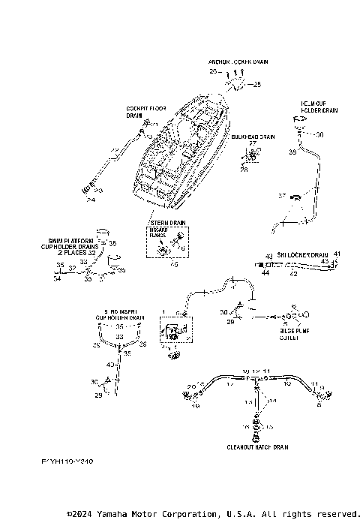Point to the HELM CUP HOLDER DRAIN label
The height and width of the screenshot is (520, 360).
[x=319, y=107]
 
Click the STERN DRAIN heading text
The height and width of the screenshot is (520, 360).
[x=168, y=223]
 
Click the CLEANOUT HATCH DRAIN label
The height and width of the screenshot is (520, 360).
[x=257, y=446]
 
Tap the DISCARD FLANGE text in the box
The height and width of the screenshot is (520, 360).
[x=160, y=233]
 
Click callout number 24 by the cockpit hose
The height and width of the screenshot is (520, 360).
[x=91, y=200]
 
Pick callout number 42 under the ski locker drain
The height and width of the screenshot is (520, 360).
[x=293, y=275]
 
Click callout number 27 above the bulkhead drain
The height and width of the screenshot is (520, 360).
[x=252, y=143]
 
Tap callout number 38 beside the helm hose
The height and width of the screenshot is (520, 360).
[x=292, y=152]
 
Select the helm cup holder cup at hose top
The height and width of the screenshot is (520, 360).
[x=300, y=124]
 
